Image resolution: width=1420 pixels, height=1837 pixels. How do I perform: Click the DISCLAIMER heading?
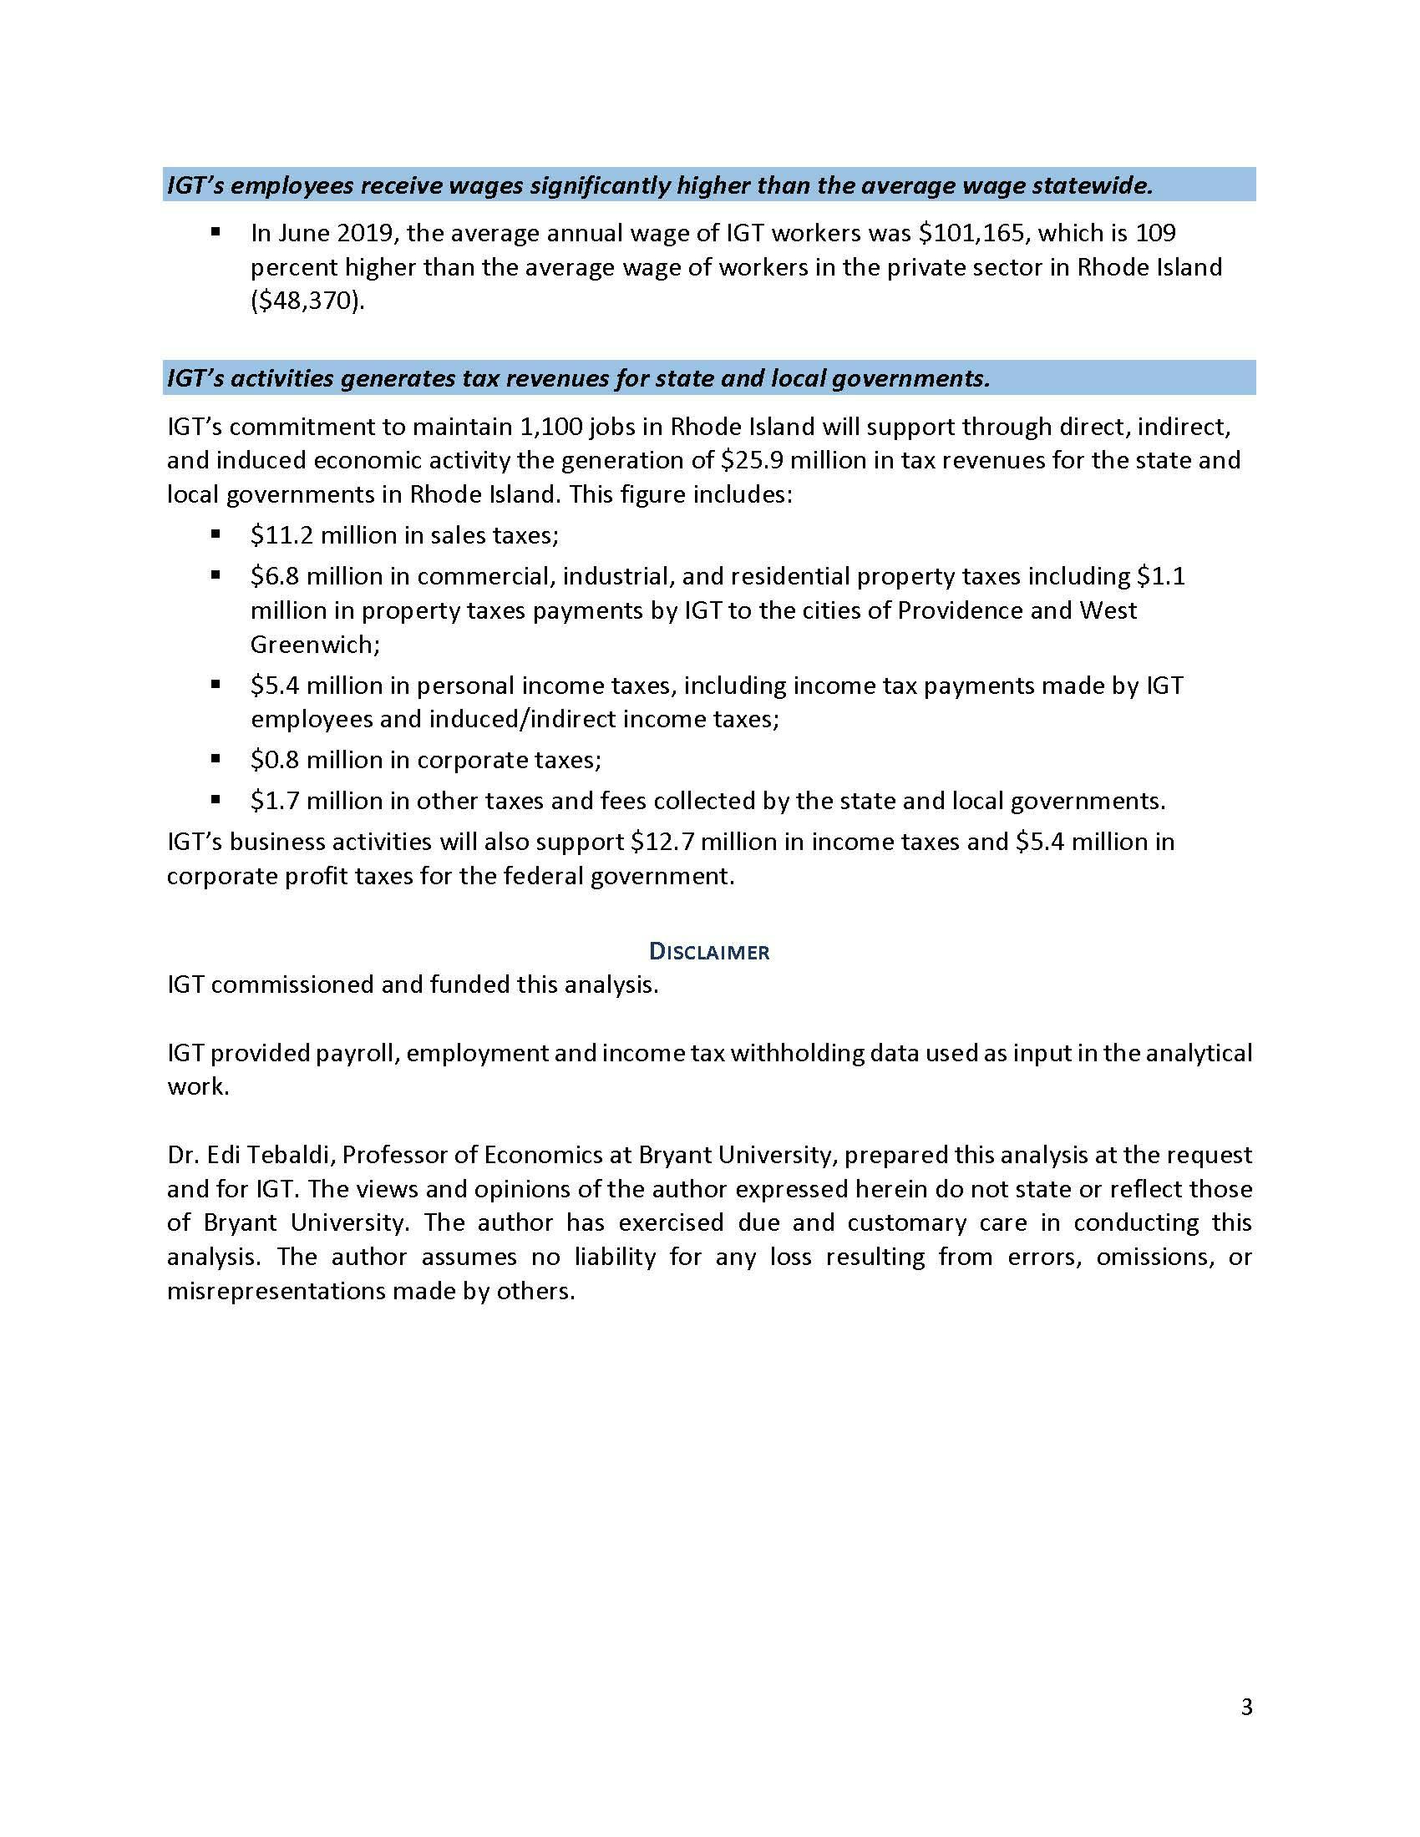click(709, 952)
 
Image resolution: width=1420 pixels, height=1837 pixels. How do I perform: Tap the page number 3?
click(1247, 1707)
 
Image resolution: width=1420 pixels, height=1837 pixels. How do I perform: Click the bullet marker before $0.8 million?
click(216, 759)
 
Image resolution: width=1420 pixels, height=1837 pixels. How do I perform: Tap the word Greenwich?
click(316, 645)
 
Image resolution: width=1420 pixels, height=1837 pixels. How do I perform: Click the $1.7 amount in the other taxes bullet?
click(275, 800)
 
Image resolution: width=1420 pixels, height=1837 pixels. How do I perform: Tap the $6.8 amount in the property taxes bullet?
click(275, 576)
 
